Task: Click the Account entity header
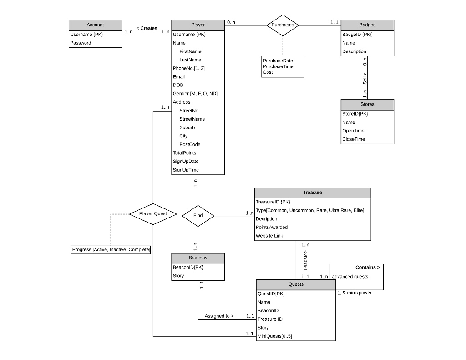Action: click(95, 25)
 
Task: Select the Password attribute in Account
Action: click(81, 43)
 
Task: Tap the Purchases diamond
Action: click(283, 25)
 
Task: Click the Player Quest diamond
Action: click(153, 213)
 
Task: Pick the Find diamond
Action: click(198, 215)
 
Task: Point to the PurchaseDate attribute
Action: click(278, 61)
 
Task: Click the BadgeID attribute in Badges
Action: click(357, 34)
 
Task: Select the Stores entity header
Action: click(367, 104)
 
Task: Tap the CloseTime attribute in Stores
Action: click(353, 139)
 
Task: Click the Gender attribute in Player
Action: click(195, 94)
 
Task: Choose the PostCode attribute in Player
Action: click(190, 144)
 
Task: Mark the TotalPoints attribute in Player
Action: click(184, 153)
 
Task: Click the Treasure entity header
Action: click(312, 193)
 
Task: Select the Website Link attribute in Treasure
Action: click(269, 236)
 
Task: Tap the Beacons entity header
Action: click(198, 258)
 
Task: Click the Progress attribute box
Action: click(111, 250)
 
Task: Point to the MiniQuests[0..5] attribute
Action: click(274, 336)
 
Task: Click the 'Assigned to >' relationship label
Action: click(219, 316)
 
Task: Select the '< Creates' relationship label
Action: click(147, 28)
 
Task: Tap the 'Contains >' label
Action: click(367, 267)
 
